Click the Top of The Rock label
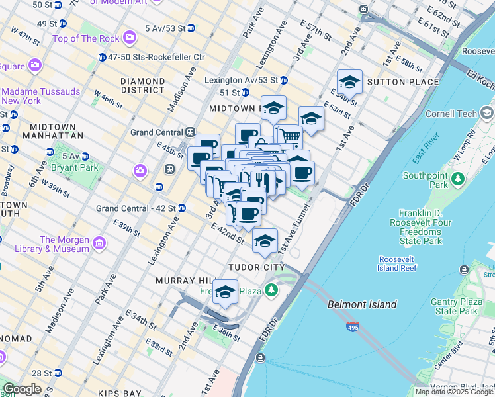point(83,38)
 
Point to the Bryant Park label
point(79,167)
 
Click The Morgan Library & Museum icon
point(100,244)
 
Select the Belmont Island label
point(362,304)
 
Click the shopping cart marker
point(289,136)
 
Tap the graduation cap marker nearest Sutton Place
point(349,82)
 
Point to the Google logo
point(22,389)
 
